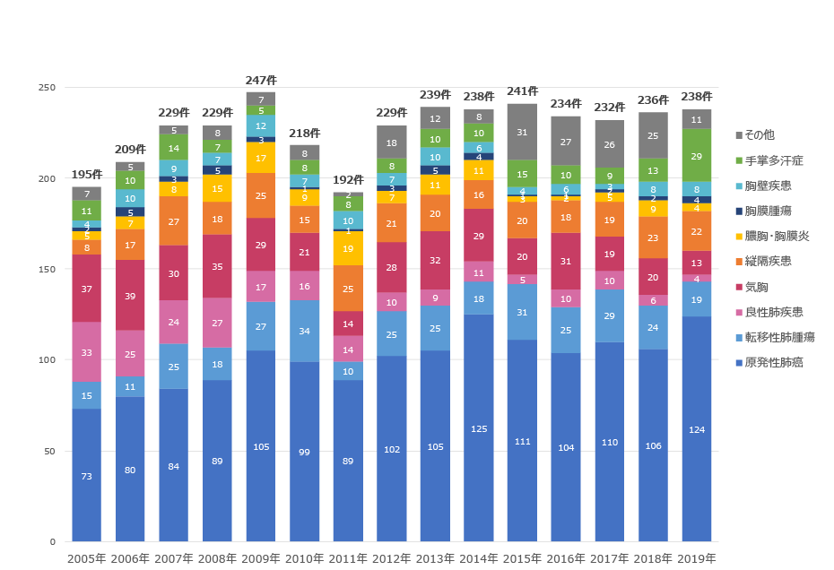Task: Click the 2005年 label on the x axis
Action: pyautogui.click(x=86, y=558)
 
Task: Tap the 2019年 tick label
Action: pyautogui.click(x=697, y=558)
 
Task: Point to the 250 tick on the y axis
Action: pyautogui.click(x=47, y=88)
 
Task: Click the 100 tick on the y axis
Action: pyautogui.click(x=47, y=360)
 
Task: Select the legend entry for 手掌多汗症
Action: pyautogui.click(x=770, y=160)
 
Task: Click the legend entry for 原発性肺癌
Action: pyautogui.click(x=770, y=363)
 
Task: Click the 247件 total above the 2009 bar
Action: pyautogui.click(x=261, y=81)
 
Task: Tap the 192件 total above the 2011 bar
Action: pyautogui.click(x=348, y=180)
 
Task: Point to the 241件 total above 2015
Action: pyautogui.click(x=522, y=91)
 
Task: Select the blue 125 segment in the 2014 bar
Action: pyautogui.click(x=479, y=428)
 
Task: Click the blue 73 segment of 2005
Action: pyautogui.click(x=86, y=476)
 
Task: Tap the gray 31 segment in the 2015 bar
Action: pyautogui.click(x=522, y=133)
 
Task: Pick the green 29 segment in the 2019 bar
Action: pyautogui.click(x=697, y=156)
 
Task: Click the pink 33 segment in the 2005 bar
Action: pyautogui.click(x=86, y=352)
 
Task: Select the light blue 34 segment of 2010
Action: pyautogui.click(x=304, y=331)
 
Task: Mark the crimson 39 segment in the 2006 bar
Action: pyautogui.click(x=130, y=296)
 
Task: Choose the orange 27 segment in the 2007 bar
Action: pyautogui.click(x=174, y=221)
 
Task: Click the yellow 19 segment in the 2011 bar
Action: pyautogui.click(x=348, y=249)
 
